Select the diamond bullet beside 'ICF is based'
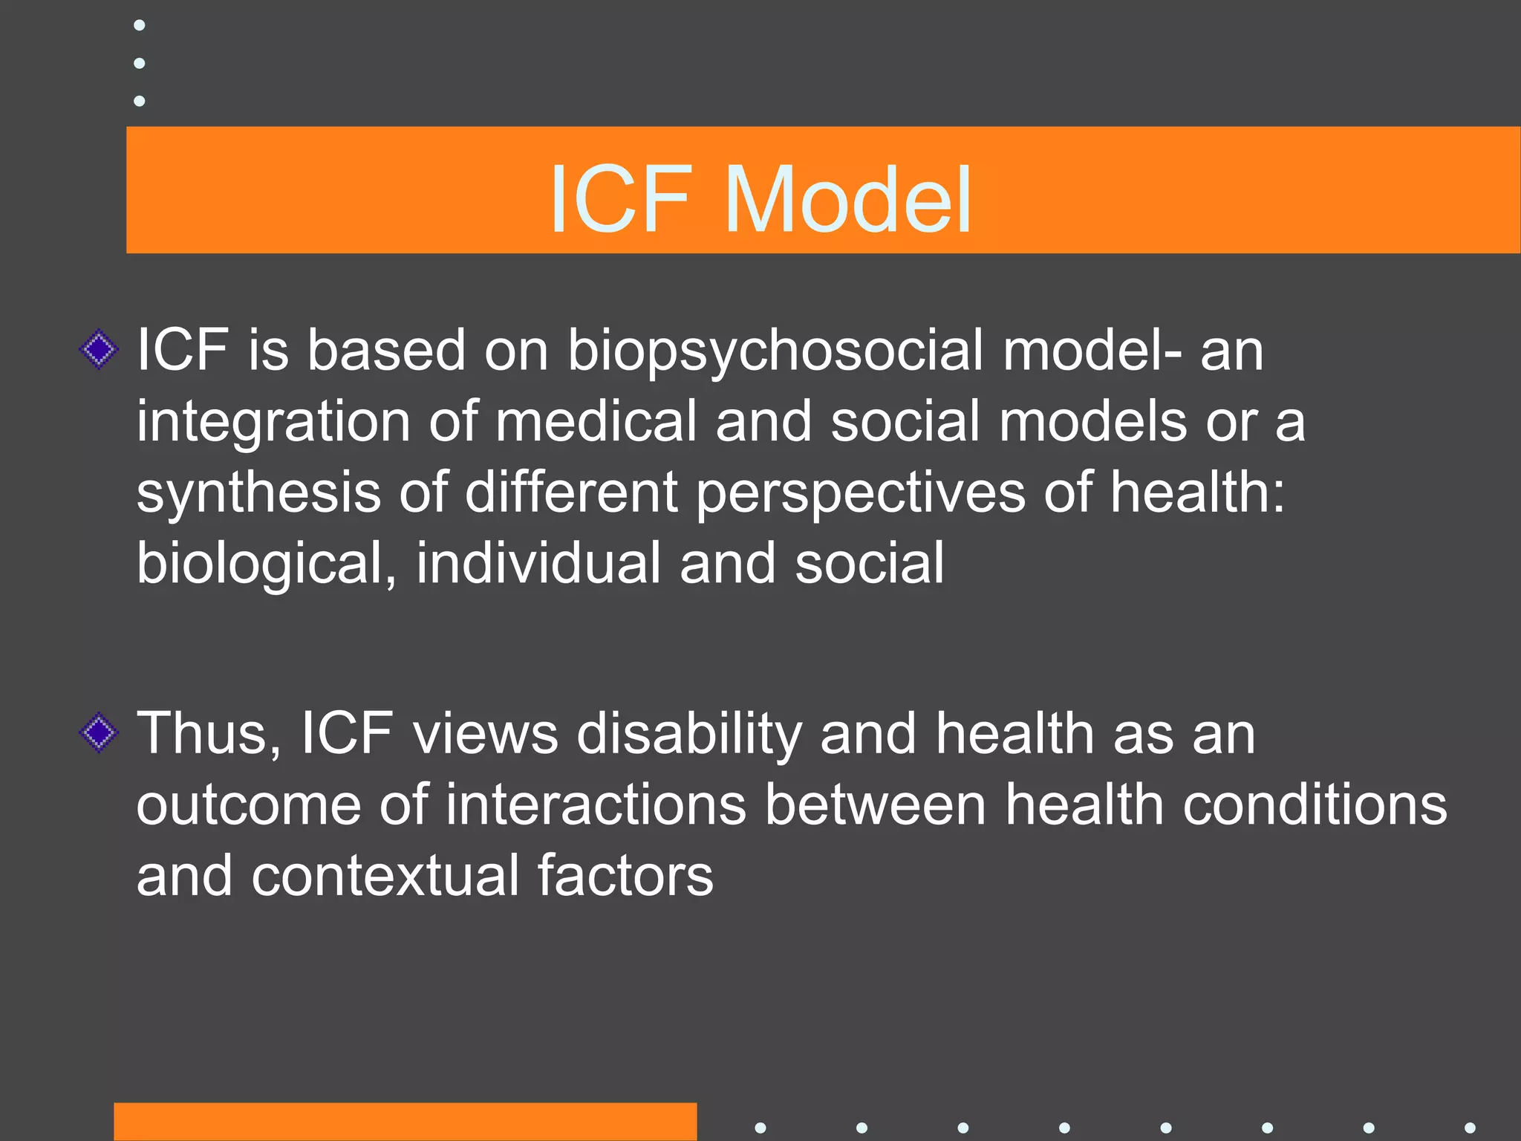[99, 349]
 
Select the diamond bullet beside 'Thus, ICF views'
[99, 732]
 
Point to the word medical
[596, 422]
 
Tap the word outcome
[249, 806]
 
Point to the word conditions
[1315, 804]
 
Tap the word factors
[625, 876]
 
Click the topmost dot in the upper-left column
[139, 25]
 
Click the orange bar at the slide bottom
[405, 1121]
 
